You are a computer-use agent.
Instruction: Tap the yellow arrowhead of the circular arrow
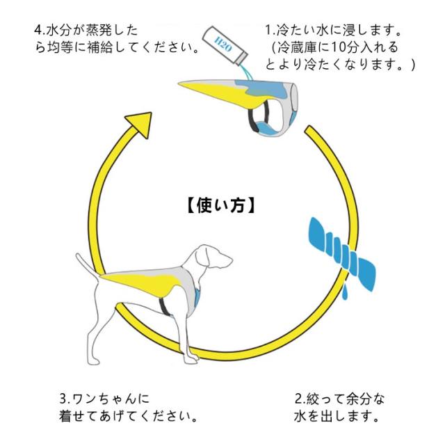click(x=140, y=124)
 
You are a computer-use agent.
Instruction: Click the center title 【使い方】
click(x=221, y=205)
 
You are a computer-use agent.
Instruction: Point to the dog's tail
click(x=86, y=265)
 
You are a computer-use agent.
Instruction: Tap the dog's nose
click(x=230, y=260)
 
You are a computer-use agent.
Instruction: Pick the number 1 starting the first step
click(x=268, y=31)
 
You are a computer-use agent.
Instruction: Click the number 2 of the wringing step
click(x=298, y=399)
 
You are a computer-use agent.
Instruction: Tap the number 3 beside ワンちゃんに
click(x=63, y=399)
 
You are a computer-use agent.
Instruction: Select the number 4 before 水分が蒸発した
click(x=38, y=31)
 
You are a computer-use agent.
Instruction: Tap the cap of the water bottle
click(x=241, y=58)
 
